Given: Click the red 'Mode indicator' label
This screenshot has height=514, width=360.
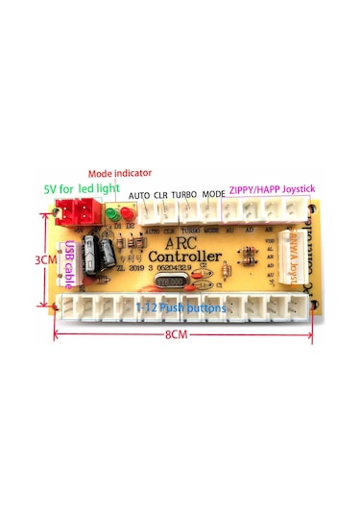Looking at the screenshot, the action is [x=119, y=173].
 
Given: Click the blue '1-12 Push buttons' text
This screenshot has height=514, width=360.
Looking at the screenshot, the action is [x=180, y=307].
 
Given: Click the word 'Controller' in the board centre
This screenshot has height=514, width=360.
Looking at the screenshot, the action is [x=186, y=258].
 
